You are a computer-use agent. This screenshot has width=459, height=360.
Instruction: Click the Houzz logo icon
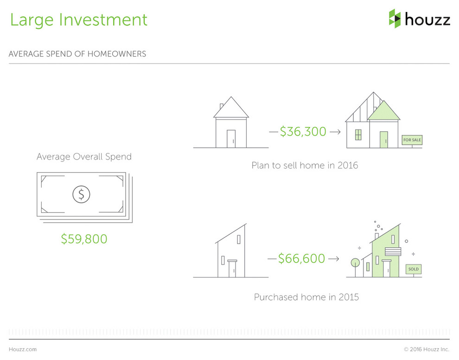coord(395,19)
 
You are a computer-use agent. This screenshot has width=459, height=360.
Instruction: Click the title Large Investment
coord(79,20)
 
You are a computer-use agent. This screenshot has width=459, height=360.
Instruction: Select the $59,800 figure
coord(84,239)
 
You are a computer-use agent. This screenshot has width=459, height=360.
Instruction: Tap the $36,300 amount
coord(303,132)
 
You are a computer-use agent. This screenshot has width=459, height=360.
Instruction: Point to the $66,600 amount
coord(301,259)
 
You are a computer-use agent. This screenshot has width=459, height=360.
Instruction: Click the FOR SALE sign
coord(412,140)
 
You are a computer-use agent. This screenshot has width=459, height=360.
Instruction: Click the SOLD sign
coord(414,269)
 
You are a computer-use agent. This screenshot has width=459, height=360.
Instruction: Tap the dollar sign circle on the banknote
coord(82,194)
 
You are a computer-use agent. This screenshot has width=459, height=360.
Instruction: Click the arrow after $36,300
coord(335,132)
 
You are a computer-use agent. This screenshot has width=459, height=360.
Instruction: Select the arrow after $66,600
coord(334,259)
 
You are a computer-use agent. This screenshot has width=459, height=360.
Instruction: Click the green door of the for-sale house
coord(384,140)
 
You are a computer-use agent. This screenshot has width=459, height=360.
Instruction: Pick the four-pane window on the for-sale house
coord(358,135)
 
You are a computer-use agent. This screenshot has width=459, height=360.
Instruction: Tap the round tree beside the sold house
coord(355,263)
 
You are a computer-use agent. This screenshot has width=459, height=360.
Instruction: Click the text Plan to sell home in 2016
coord(305,165)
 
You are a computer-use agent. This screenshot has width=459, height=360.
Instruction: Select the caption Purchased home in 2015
coord(306,297)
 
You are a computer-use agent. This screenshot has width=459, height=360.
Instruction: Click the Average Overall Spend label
coord(84,157)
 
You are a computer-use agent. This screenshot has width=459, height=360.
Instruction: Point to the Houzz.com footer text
coord(23,349)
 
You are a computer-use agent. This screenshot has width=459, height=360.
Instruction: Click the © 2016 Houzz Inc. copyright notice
coord(427,349)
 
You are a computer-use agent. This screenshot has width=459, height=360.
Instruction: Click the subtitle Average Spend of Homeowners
coord(77,54)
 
